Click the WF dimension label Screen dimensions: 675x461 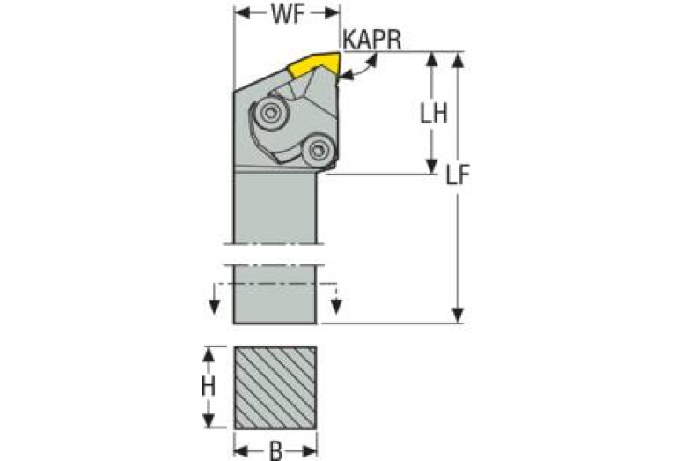point(288,14)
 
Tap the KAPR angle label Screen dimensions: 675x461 point(373,40)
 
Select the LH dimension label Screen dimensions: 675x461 point(434,113)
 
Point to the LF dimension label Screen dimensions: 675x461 point(457,175)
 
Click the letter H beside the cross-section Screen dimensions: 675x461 point(209,387)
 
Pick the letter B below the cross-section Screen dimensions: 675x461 point(275,450)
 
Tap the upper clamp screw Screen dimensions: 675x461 point(271,113)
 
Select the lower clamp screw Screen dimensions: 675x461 point(319,151)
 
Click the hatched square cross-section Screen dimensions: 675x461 point(275,387)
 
